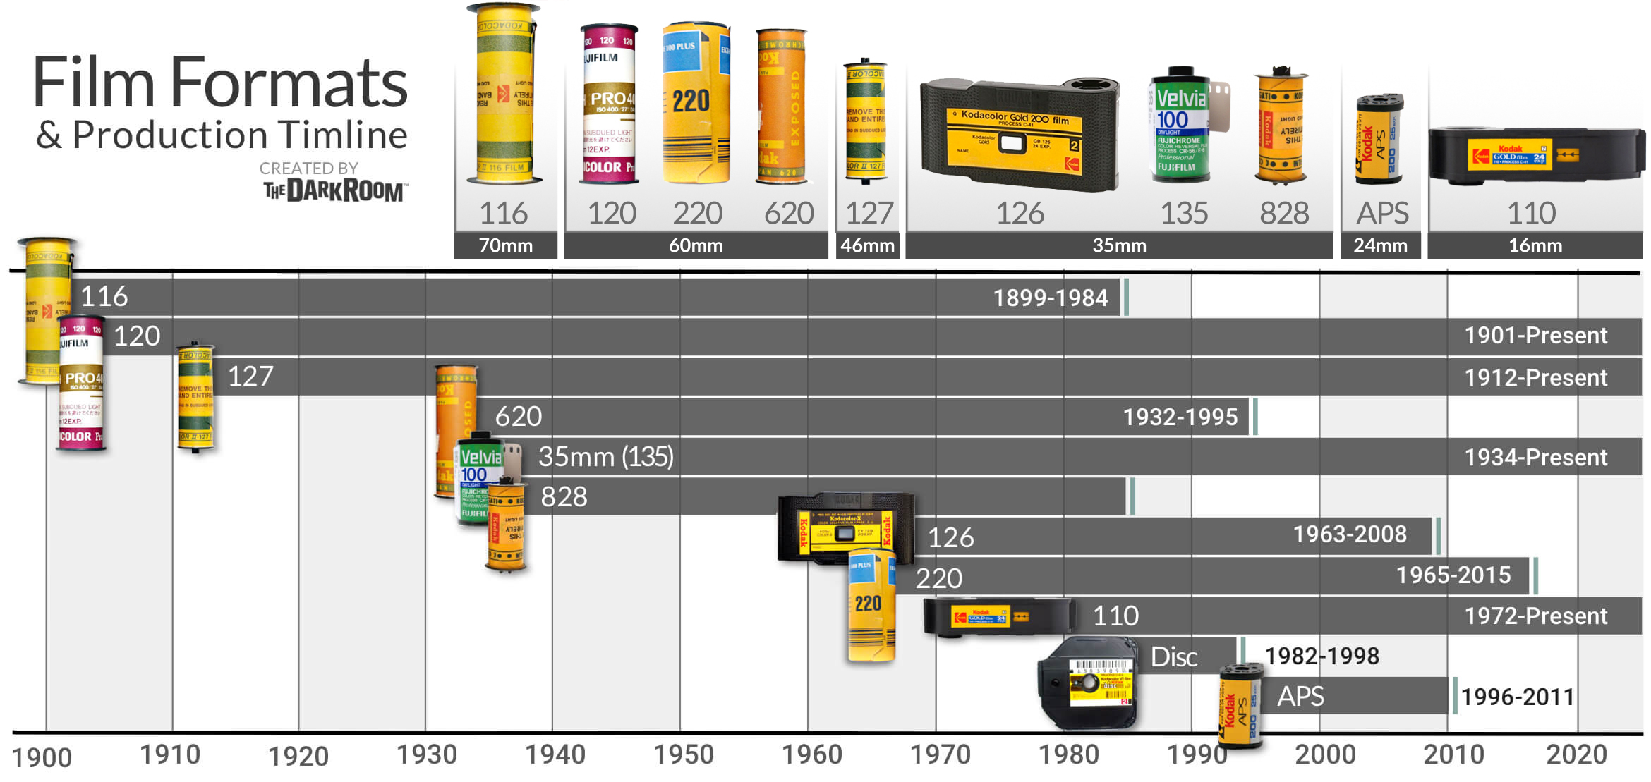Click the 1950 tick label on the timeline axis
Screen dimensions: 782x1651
click(683, 754)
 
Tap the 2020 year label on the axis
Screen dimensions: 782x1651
click(1576, 754)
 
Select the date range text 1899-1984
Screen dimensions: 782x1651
click(1050, 298)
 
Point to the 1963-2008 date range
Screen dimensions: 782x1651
click(1349, 534)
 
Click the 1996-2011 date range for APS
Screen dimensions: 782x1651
click(1517, 697)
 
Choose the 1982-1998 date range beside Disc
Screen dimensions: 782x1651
click(1322, 656)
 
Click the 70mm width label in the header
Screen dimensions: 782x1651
click(505, 246)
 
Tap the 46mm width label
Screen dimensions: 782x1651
click(867, 246)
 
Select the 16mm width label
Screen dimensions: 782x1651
click(1535, 246)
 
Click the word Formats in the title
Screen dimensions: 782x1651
click(289, 83)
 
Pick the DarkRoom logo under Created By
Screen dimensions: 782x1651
click(334, 190)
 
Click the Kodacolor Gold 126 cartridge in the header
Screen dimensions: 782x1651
click(1019, 134)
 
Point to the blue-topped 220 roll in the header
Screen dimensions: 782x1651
click(696, 102)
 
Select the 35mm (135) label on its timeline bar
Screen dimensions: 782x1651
click(605, 457)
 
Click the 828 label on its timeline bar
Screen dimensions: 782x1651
click(564, 497)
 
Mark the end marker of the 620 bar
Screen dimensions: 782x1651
click(1254, 417)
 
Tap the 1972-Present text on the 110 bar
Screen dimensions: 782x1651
click(1535, 616)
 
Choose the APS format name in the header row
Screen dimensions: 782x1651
click(1381, 213)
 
